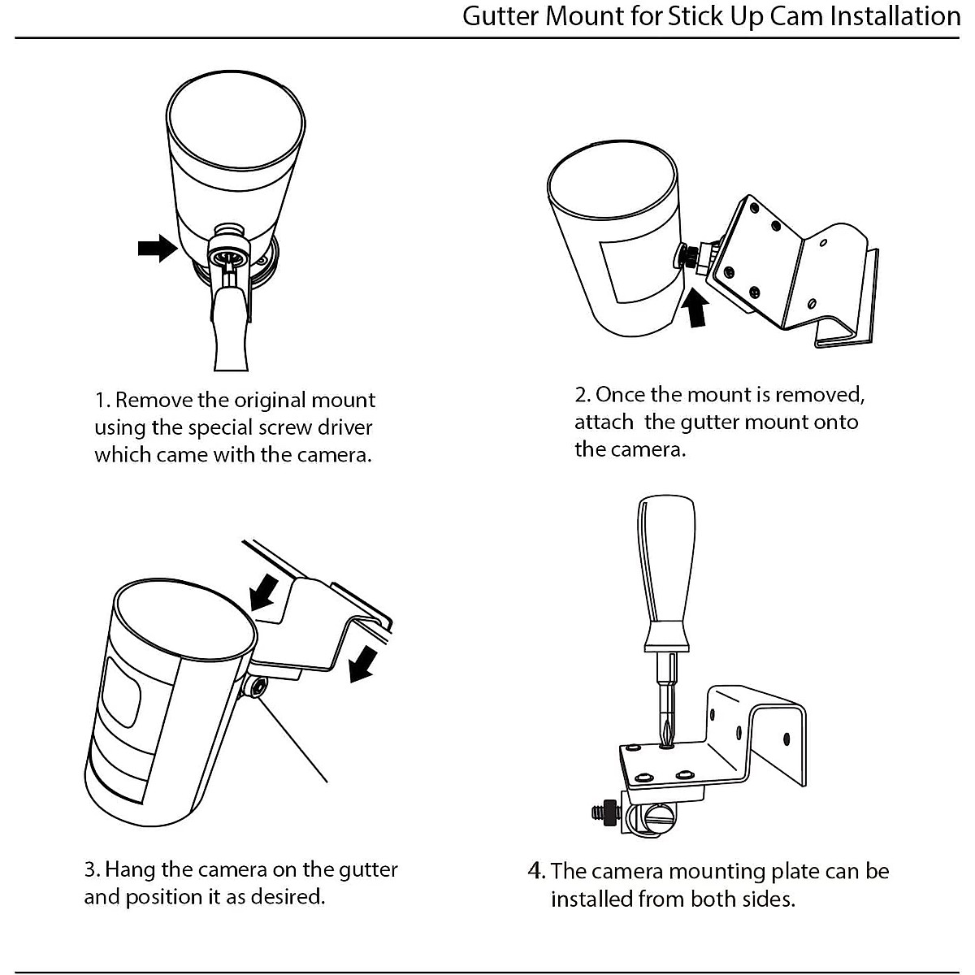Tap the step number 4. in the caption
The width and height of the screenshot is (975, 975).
536,871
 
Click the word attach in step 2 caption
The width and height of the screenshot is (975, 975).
604,422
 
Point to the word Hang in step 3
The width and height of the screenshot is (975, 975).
131,869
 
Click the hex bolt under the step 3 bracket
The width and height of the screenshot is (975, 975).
256,688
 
